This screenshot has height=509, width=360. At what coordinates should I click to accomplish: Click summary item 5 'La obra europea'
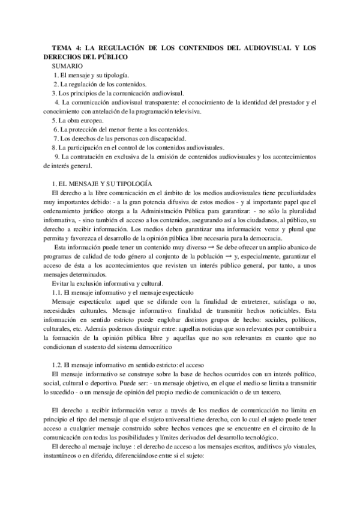78,121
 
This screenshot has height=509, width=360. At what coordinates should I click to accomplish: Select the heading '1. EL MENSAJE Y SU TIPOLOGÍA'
102,182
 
